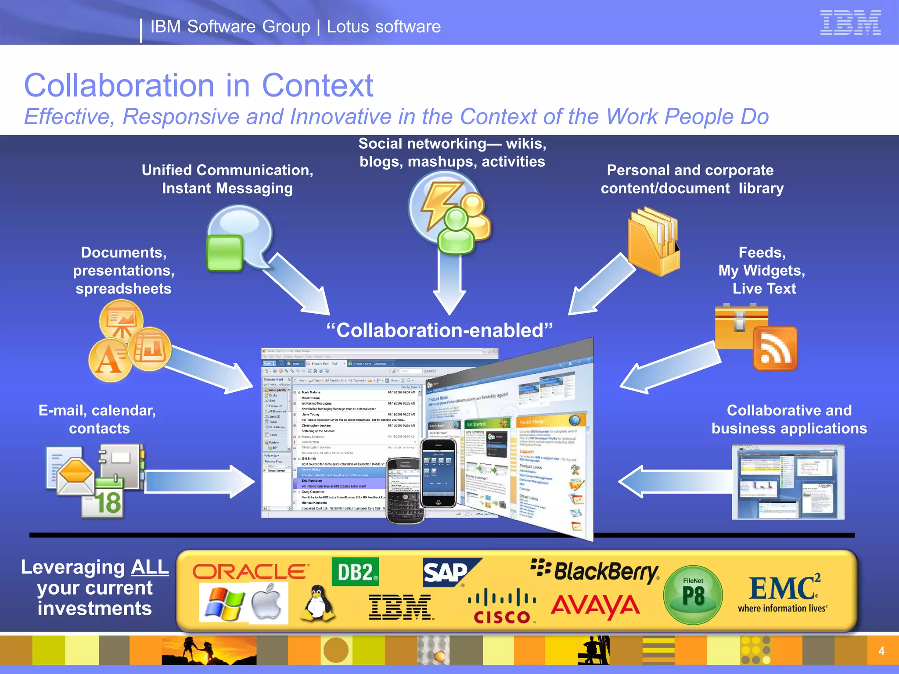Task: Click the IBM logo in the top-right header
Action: point(850,23)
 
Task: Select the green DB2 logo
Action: point(355,572)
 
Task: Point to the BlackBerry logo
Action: point(595,572)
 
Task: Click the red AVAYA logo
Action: point(596,607)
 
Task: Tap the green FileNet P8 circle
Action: point(693,595)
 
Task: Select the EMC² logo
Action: point(783,592)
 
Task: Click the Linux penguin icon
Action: point(317,604)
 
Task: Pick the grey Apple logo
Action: point(267,602)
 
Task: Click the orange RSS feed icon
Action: point(775,348)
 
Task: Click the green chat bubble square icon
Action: point(225,254)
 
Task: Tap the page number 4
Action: point(881,651)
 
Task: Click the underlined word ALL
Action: point(150,567)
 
